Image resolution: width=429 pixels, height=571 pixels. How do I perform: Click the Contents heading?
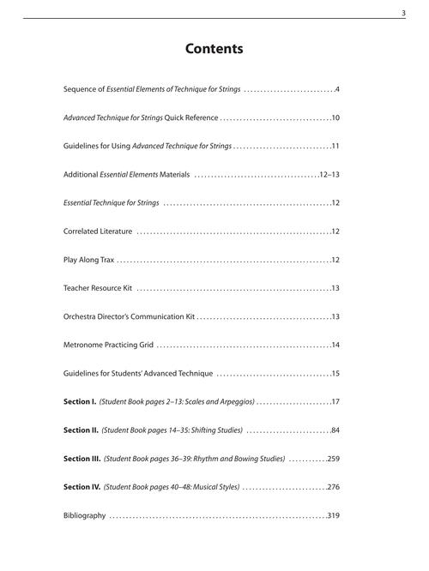point(214,49)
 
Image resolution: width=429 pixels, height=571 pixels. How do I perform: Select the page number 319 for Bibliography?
point(334,515)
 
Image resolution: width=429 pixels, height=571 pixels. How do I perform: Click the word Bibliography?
point(85,515)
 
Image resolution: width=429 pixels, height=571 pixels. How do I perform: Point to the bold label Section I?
point(80,401)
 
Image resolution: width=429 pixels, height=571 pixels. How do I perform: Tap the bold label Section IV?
point(82,487)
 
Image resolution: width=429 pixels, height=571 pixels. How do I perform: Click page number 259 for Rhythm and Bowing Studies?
point(334,459)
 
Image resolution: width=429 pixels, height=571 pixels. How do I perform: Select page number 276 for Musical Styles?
point(334,487)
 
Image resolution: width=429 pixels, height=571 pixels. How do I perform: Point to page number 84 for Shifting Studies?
point(335,430)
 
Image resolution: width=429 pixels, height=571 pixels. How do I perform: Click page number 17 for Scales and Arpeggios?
point(336,401)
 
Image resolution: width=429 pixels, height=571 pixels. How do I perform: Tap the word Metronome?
point(84,345)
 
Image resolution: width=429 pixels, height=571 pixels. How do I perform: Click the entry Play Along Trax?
point(89,259)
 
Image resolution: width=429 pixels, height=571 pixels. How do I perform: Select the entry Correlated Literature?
point(98,231)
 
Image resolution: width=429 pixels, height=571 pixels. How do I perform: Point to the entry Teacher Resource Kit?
point(99,288)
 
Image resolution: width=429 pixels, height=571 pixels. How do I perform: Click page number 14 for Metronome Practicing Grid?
point(336,345)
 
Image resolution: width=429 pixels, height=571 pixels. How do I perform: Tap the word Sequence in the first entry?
point(82,88)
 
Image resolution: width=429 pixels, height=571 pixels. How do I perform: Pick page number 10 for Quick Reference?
point(336,117)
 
